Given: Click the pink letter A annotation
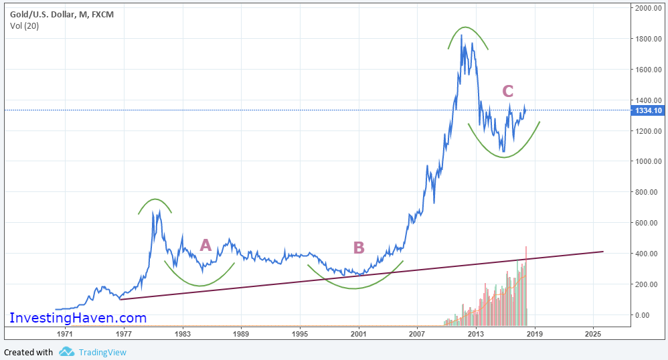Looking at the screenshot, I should [x=205, y=246].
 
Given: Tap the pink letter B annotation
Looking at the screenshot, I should [x=359, y=248].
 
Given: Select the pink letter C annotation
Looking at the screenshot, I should [x=508, y=92].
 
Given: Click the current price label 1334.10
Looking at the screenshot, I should [x=647, y=110].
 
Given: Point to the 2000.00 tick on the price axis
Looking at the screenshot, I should [x=647, y=8].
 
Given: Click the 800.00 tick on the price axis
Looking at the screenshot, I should [x=647, y=192].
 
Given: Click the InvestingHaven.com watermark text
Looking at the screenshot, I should [x=78, y=318].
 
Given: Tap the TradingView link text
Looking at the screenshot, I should [x=102, y=352].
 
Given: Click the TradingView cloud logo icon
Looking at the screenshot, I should [x=66, y=352].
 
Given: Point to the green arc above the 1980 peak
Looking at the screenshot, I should [x=155, y=199].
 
